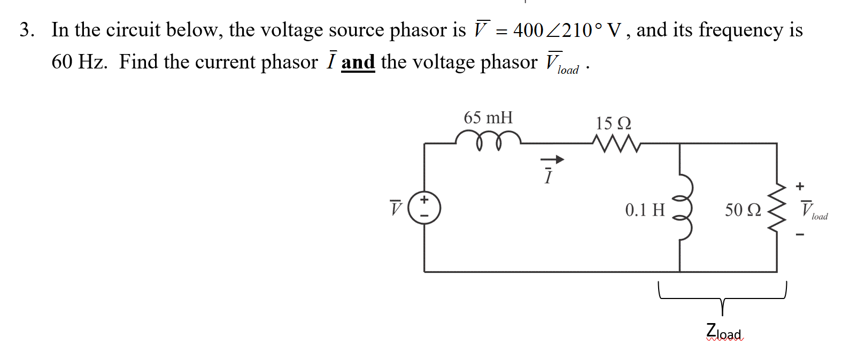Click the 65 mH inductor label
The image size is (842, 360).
[x=488, y=118]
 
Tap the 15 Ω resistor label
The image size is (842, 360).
[x=613, y=124]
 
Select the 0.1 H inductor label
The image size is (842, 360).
[x=645, y=210]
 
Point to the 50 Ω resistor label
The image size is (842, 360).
[x=743, y=210]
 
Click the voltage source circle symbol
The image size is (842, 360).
[x=424, y=208]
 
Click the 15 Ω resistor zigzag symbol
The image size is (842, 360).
[x=616, y=143]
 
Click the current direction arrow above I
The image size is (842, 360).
[x=552, y=159]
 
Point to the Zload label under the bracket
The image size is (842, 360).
[x=724, y=332]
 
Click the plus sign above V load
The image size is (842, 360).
[x=800, y=186]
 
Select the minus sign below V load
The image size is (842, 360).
[x=800, y=234]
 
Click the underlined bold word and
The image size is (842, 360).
[x=358, y=63]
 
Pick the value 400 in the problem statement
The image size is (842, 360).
[x=528, y=30]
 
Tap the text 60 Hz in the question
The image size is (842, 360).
[x=79, y=63]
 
